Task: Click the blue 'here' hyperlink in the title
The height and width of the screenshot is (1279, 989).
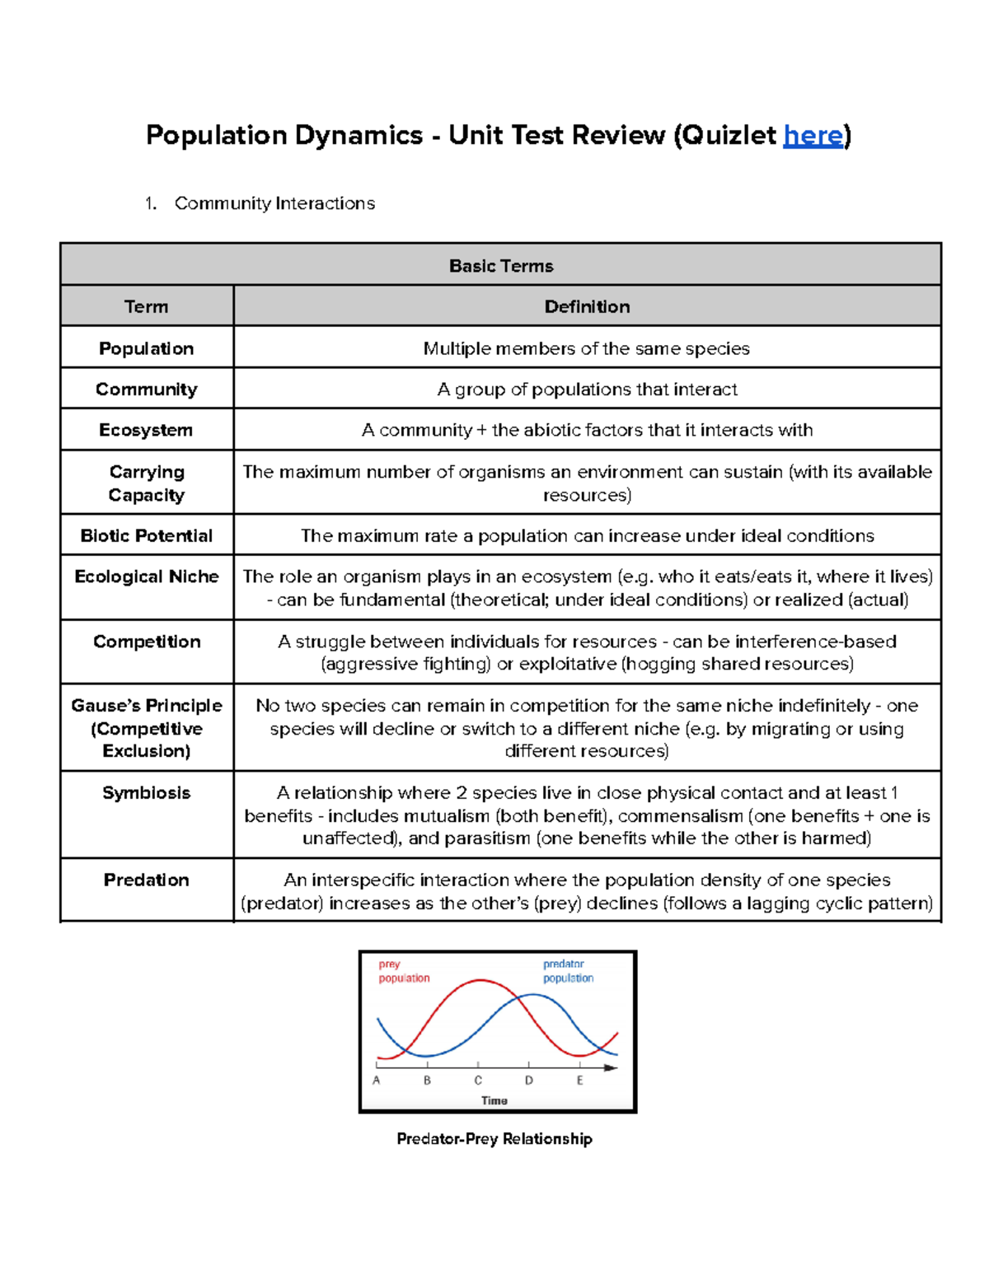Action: pos(813,135)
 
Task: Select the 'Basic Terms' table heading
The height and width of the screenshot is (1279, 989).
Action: pos(500,266)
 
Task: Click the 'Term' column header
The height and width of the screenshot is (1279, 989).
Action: pos(146,306)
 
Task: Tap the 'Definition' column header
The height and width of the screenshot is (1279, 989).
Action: pos(587,306)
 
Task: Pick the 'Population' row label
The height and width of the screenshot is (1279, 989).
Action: pos(146,348)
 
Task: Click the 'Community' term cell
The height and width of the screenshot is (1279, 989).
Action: pos(146,389)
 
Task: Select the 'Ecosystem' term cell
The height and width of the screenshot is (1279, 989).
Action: pos(146,430)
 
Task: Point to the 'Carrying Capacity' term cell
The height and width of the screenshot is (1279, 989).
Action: pos(147,483)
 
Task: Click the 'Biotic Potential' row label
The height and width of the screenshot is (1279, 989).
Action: pos(146,535)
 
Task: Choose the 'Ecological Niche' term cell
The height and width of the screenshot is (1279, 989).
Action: pos(146,576)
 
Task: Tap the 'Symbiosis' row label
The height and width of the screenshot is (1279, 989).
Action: pos(146,792)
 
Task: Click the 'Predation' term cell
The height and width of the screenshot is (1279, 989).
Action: pos(146,880)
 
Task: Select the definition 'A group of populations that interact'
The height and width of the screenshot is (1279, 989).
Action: pos(587,389)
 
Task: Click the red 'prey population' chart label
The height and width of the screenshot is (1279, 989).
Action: pos(403,971)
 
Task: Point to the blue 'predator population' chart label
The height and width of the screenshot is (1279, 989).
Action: pos(568,971)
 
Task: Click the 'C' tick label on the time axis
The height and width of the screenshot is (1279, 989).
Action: pos(478,1081)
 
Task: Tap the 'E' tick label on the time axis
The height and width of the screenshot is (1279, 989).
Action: pos(579,1081)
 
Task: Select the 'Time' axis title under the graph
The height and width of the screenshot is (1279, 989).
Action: pos(494,1100)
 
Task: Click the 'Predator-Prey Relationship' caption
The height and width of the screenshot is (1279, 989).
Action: pos(494,1139)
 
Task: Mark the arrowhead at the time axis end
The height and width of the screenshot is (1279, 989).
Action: pos(611,1067)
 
